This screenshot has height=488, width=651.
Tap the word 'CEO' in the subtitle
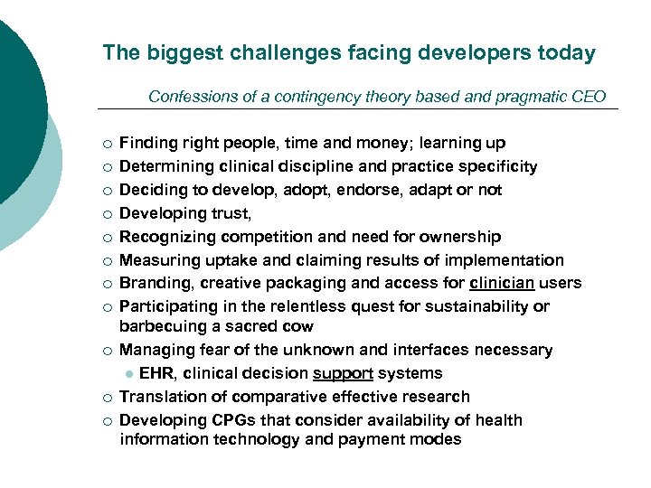click(589, 97)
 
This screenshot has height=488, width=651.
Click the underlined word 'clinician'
click(502, 284)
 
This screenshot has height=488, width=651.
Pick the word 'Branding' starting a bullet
click(150, 284)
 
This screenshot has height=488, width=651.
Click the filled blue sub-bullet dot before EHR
click(129, 374)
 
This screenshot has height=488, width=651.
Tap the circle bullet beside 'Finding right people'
click(108, 144)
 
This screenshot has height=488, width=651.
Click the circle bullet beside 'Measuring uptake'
click(108, 261)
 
